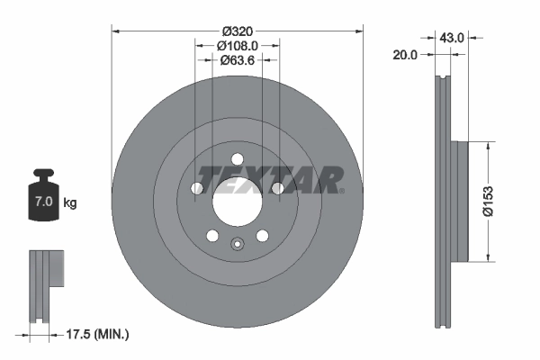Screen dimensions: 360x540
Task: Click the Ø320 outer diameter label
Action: coord(238,29)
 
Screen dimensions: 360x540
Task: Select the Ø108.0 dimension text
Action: coord(238,45)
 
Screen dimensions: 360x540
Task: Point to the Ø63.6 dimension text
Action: coord(238,61)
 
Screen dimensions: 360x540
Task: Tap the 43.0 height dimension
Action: coord(451,38)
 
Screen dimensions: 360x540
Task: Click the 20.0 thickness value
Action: coord(407,55)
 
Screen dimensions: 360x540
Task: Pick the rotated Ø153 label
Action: coord(509,202)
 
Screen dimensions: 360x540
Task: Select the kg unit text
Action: coord(70,202)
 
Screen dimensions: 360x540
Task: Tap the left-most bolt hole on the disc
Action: coord(197,188)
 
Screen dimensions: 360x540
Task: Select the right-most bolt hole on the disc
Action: coord(277,188)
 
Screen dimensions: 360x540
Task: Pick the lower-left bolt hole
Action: coord(212,236)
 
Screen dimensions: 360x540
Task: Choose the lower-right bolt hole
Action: coord(263,236)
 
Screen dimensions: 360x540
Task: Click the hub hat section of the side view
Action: coord(459,202)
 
